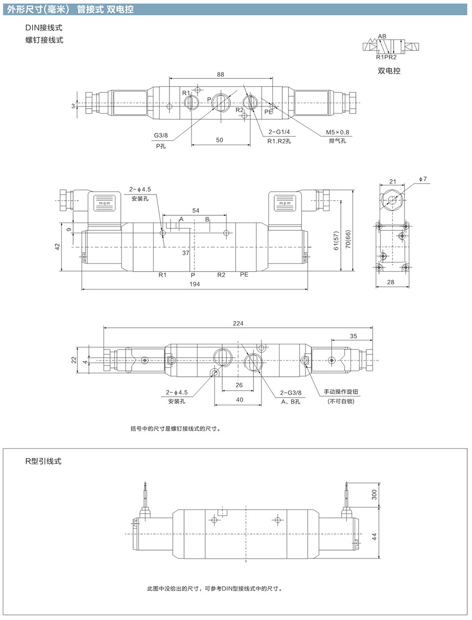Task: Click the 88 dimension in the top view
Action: point(220,74)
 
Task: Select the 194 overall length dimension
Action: point(195,284)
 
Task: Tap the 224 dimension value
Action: point(238,323)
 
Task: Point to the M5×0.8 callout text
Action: point(337,132)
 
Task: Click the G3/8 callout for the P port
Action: point(160,136)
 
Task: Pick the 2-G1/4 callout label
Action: point(279,132)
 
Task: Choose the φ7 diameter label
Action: point(422,179)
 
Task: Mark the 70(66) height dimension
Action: point(348,239)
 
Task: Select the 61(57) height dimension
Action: point(336,241)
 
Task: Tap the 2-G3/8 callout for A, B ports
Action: point(290,392)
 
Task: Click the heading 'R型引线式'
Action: point(43,461)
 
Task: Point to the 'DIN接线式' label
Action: point(44,28)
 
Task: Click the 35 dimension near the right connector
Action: point(353,336)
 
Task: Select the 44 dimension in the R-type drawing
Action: point(374,537)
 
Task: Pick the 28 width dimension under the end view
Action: point(391,282)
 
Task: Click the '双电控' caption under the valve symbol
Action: point(389,71)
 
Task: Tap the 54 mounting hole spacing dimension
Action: point(195,211)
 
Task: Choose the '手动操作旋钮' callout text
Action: point(341,391)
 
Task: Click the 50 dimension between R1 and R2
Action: point(219,140)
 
